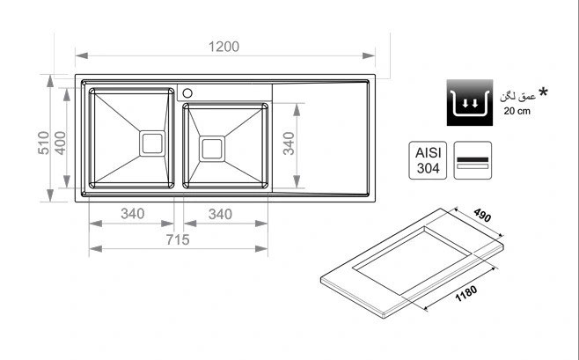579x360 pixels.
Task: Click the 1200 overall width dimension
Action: pos(224,47)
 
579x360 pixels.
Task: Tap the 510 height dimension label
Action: pos(44,143)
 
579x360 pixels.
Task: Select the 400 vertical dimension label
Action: pos(60,143)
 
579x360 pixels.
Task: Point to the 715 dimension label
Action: pos(178,240)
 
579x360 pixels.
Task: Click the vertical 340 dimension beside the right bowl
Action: pos(289,143)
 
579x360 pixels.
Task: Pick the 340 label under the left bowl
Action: pos(133,214)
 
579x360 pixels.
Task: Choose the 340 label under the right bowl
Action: pos(221,214)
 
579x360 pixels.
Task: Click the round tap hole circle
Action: pos(187,93)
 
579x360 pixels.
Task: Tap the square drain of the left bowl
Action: pos(152,143)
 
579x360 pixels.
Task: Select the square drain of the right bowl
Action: pos(212,149)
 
